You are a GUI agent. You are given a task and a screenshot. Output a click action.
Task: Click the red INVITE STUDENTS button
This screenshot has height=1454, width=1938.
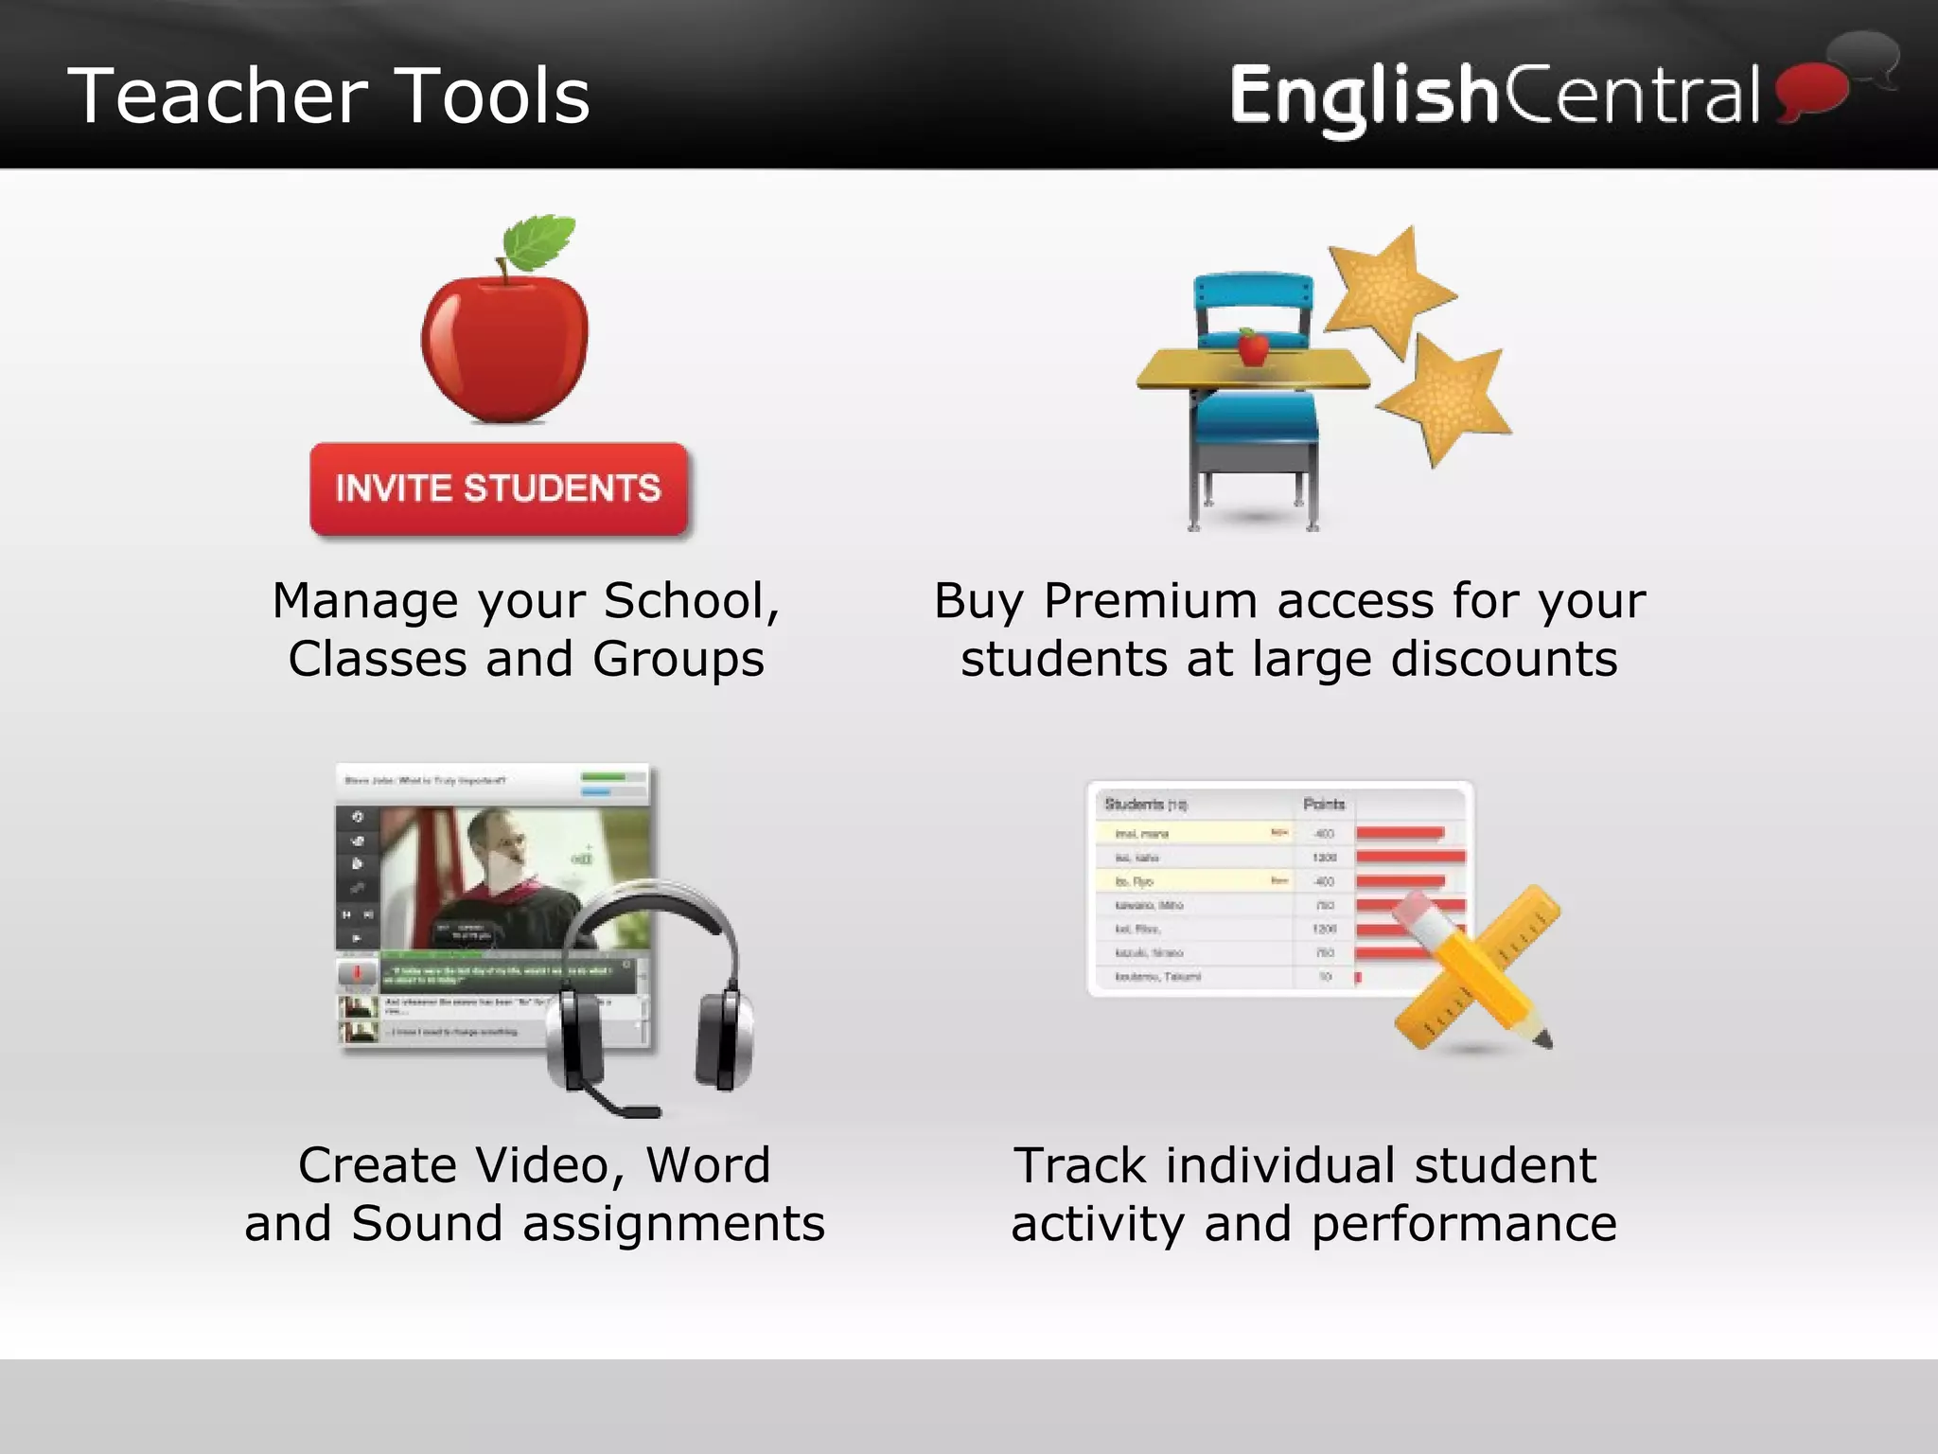(499, 488)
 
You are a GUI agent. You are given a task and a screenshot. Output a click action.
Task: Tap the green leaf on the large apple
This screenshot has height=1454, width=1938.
(539, 241)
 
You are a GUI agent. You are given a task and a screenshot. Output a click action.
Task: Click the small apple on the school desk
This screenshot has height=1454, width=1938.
(1253, 347)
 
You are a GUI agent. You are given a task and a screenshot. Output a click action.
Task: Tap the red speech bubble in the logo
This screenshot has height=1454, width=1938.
(1811, 91)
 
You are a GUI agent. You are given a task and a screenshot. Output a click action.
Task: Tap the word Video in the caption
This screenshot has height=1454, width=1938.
(550, 1165)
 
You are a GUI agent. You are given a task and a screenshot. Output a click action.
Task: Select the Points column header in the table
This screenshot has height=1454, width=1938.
(1323, 804)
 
